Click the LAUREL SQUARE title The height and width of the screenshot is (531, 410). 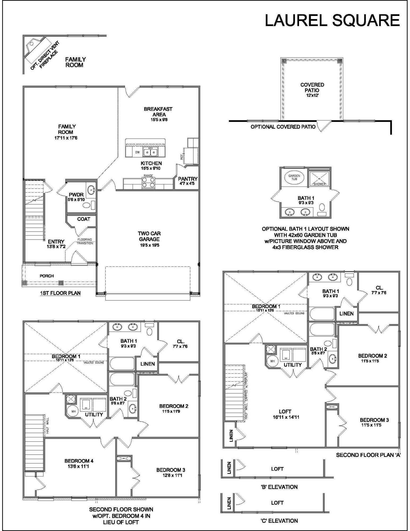coord(332,20)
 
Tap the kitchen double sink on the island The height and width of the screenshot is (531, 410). coord(150,152)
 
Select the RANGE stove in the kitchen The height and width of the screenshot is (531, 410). coord(148,182)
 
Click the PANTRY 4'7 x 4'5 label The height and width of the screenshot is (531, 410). coord(188,181)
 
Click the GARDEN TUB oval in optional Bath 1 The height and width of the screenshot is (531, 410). coord(294,177)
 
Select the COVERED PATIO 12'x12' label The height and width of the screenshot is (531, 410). coord(312,89)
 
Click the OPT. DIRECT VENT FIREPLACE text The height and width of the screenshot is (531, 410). coord(44,56)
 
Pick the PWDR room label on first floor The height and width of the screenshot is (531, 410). coord(76,197)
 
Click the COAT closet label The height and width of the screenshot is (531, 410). coord(84,219)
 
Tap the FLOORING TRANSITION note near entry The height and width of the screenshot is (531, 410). coord(85,241)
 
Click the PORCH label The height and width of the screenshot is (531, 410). coord(47,276)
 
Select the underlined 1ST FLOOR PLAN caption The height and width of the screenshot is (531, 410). coord(60,293)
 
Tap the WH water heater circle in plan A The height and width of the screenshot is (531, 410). coord(272,361)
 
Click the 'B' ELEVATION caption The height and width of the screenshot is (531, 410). coord(279,487)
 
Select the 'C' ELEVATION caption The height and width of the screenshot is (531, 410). coord(279,521)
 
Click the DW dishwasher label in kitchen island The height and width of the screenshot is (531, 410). coord(137,152)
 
